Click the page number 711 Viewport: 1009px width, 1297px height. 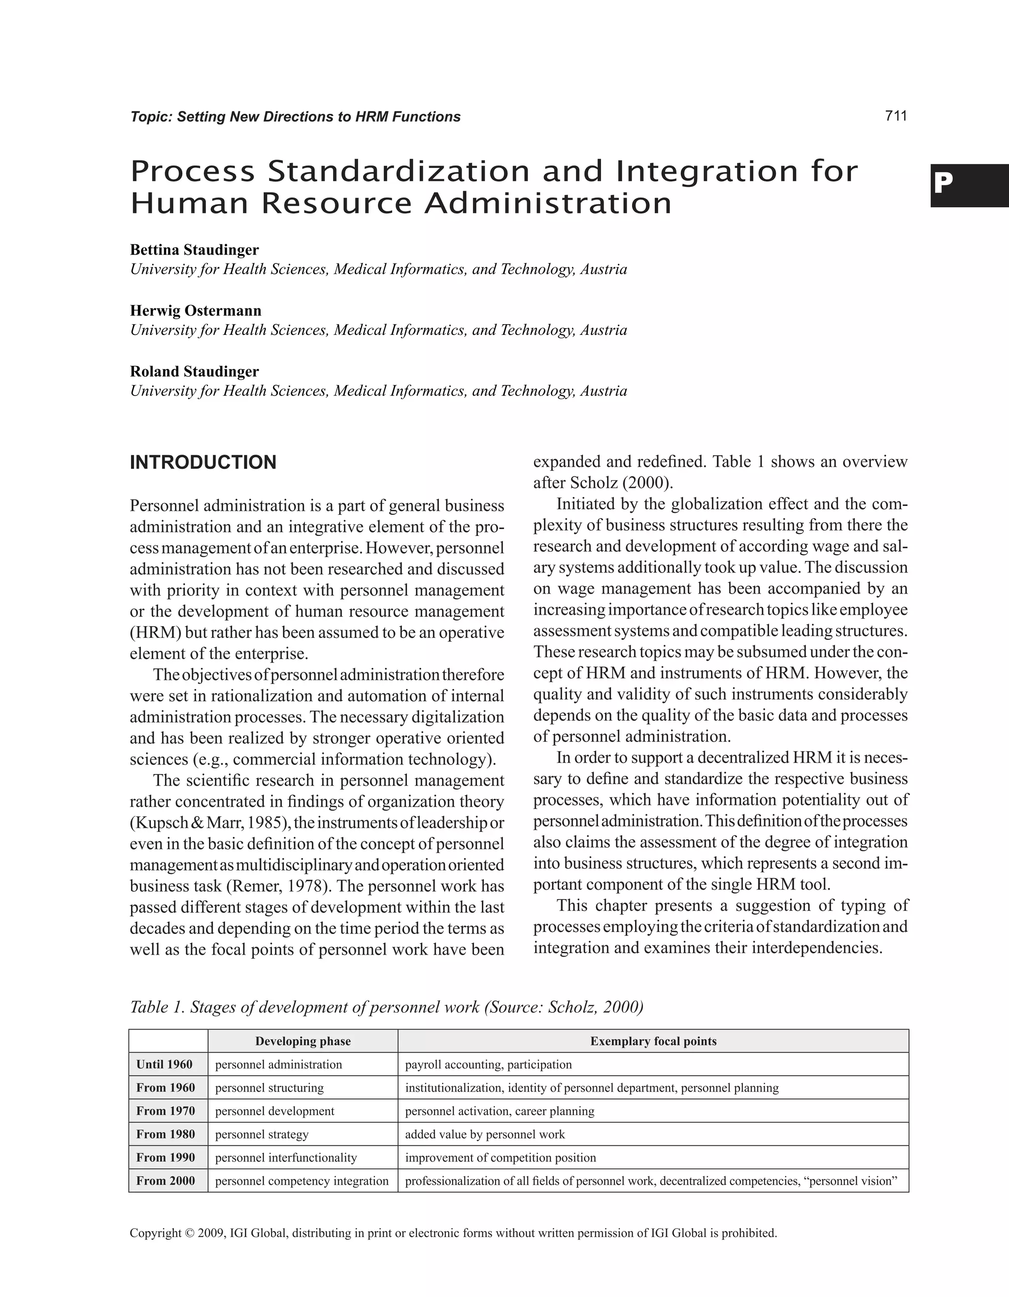point(896,116)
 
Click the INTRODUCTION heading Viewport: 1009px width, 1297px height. point(203,463)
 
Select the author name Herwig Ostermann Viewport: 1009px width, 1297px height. point(196,311)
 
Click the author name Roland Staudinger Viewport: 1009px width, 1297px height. point(194,372)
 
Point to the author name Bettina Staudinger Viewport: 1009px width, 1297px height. point(194,250)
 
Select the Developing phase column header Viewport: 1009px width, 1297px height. point(303,1041)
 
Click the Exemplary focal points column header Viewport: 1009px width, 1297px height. point(653,1041)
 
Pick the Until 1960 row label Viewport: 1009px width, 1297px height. point(165,1064)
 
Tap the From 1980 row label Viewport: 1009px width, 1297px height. point(166,1133)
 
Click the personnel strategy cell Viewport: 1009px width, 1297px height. point(262,1134)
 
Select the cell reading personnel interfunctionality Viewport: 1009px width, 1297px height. point(286,1158)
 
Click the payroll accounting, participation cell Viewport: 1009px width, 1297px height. point(488,1064)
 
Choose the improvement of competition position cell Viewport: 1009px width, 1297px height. point(500,1158)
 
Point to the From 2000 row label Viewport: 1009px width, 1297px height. point(166,1181)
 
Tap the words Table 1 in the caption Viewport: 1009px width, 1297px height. point(156,1007)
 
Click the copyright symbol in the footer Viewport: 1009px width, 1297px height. point(190,1233)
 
